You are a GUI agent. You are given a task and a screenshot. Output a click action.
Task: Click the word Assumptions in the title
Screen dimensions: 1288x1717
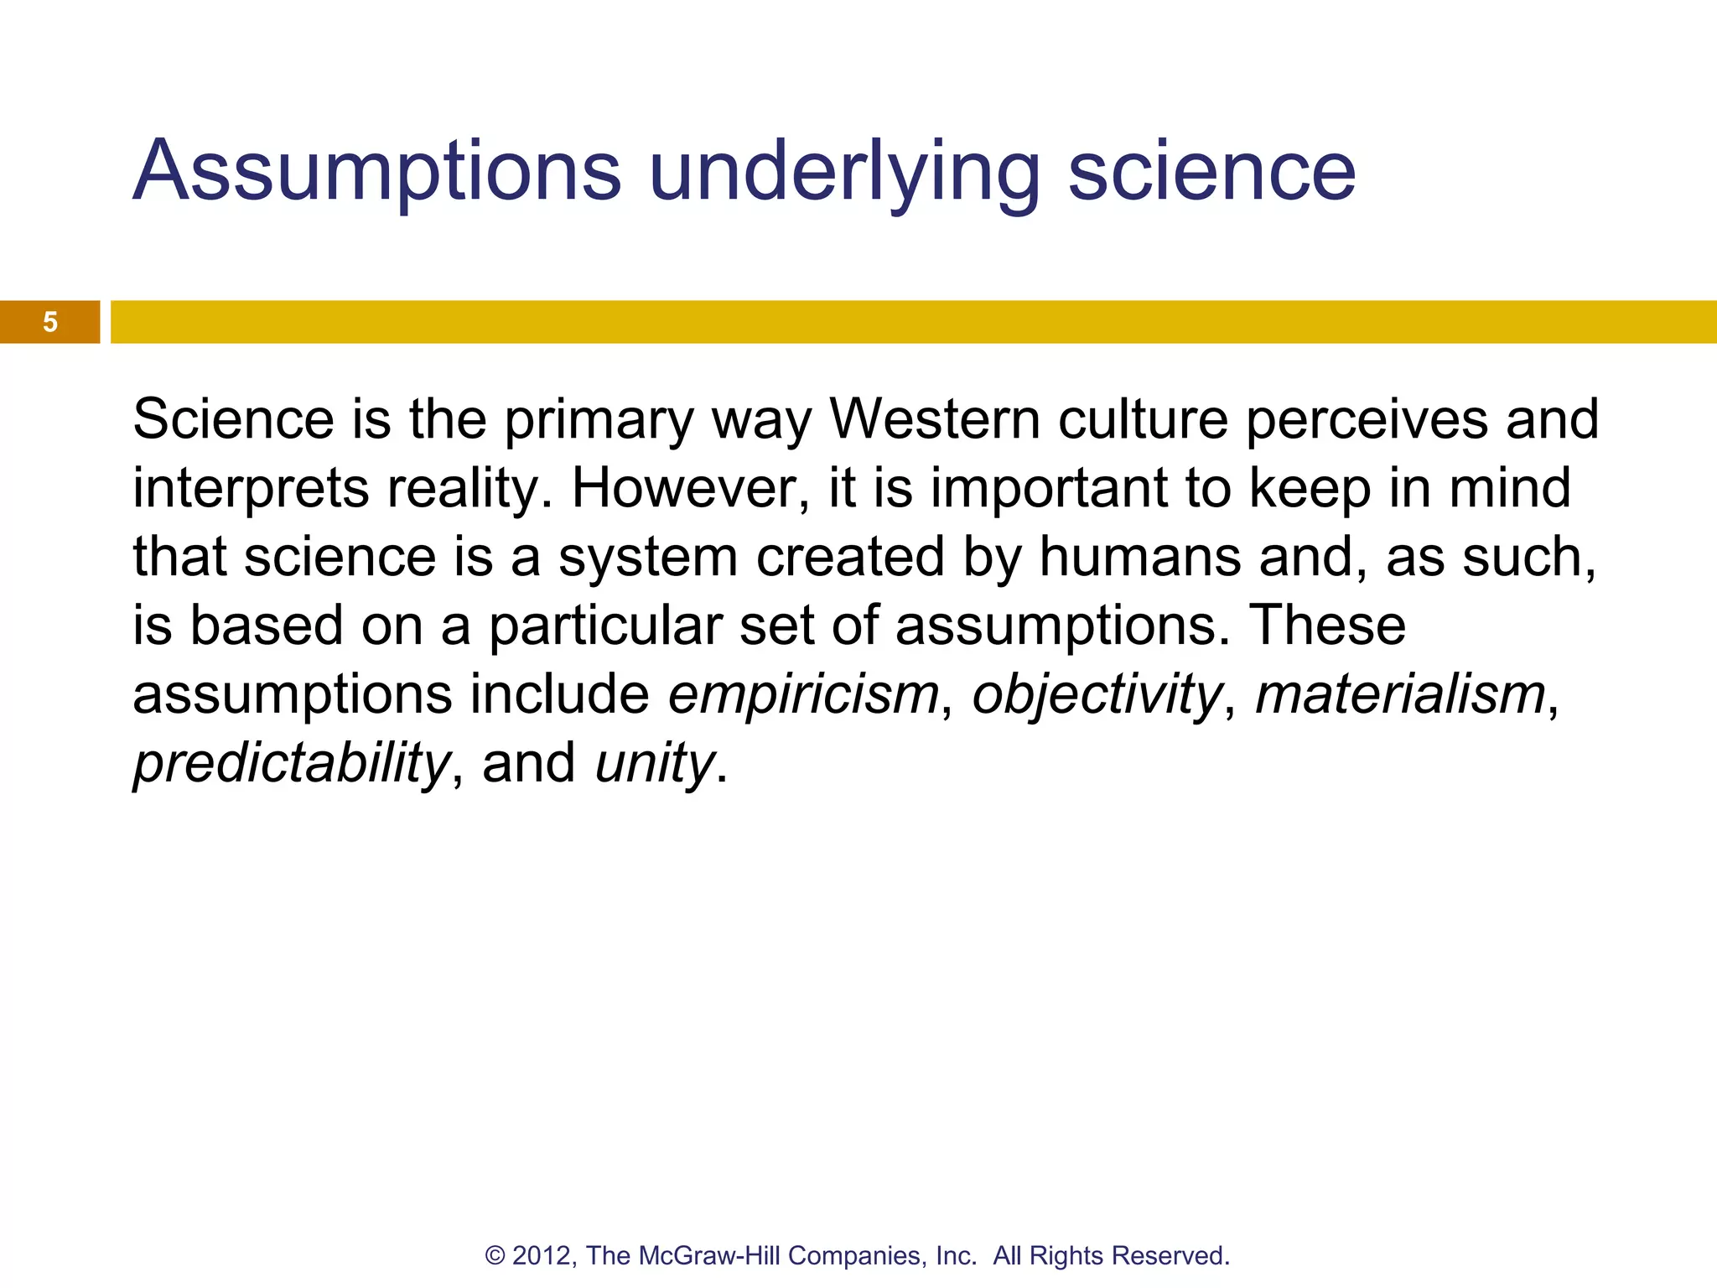coord(377,172)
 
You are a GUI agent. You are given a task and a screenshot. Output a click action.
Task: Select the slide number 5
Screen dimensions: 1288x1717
coord(50,322)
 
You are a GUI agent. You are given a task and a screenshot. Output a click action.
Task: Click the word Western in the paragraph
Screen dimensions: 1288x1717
coord(934,418)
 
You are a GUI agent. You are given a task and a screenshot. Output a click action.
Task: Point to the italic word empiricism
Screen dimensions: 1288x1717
coord(803,695)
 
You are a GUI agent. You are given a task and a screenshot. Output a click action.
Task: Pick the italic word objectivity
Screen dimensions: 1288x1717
coord(1096,695)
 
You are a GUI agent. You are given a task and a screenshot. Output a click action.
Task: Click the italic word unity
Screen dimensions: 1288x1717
coord(654,764)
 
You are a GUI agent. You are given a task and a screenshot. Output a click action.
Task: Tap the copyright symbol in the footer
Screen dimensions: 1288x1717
coord(495,1255)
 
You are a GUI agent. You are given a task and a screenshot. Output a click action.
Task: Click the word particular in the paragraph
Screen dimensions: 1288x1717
coord(605,626)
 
